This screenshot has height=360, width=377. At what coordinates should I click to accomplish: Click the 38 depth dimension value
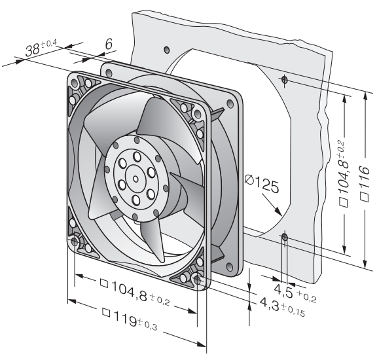coord(33,50)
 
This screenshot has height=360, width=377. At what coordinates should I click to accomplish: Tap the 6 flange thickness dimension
coord(109,44)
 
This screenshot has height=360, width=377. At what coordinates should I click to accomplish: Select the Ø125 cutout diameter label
coord(262,184)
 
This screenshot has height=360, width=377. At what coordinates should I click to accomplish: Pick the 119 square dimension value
coord(125,319)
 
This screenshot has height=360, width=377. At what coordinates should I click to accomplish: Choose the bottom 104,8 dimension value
coord(130,291)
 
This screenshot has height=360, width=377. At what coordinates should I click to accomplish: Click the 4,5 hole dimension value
coord(283,291)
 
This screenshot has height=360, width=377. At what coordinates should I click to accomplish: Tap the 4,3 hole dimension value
coord(270,304)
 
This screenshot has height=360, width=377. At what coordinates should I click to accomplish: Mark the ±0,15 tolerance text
coord(293,310)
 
